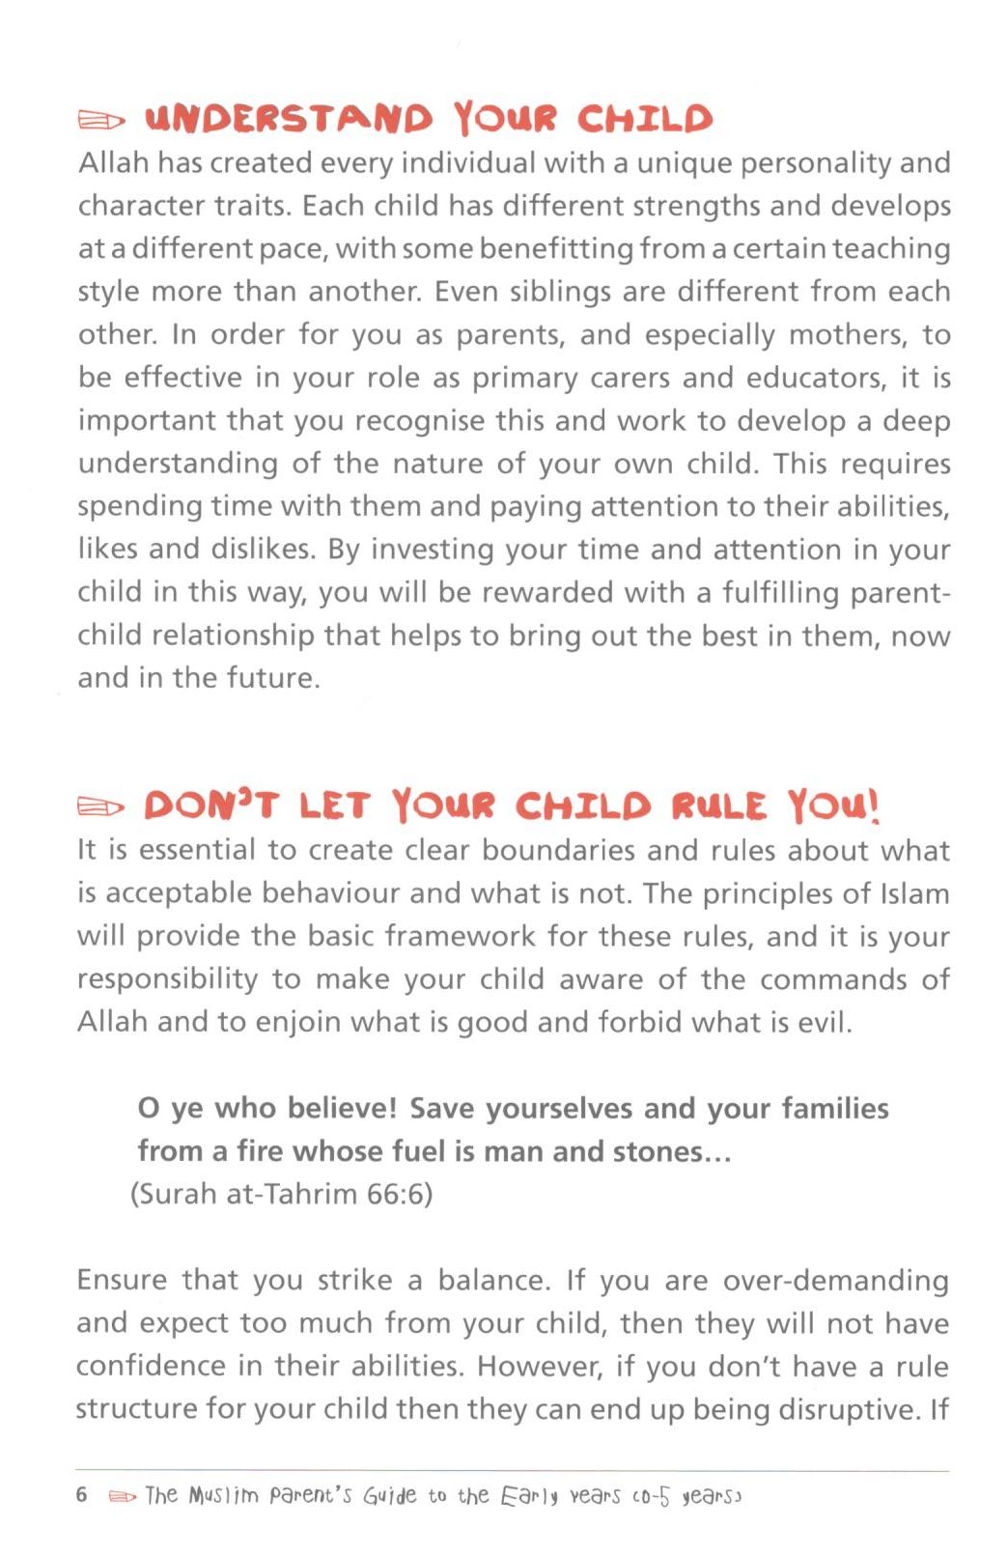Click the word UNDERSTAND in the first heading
(x=289, y=119)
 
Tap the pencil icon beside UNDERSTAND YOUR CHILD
(x=101, y=121)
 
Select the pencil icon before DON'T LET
(x=101, y=806)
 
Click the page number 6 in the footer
(x=82, y=1495)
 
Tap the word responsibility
(x=167, y=979)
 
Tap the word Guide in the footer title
(x=389, y=1496)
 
